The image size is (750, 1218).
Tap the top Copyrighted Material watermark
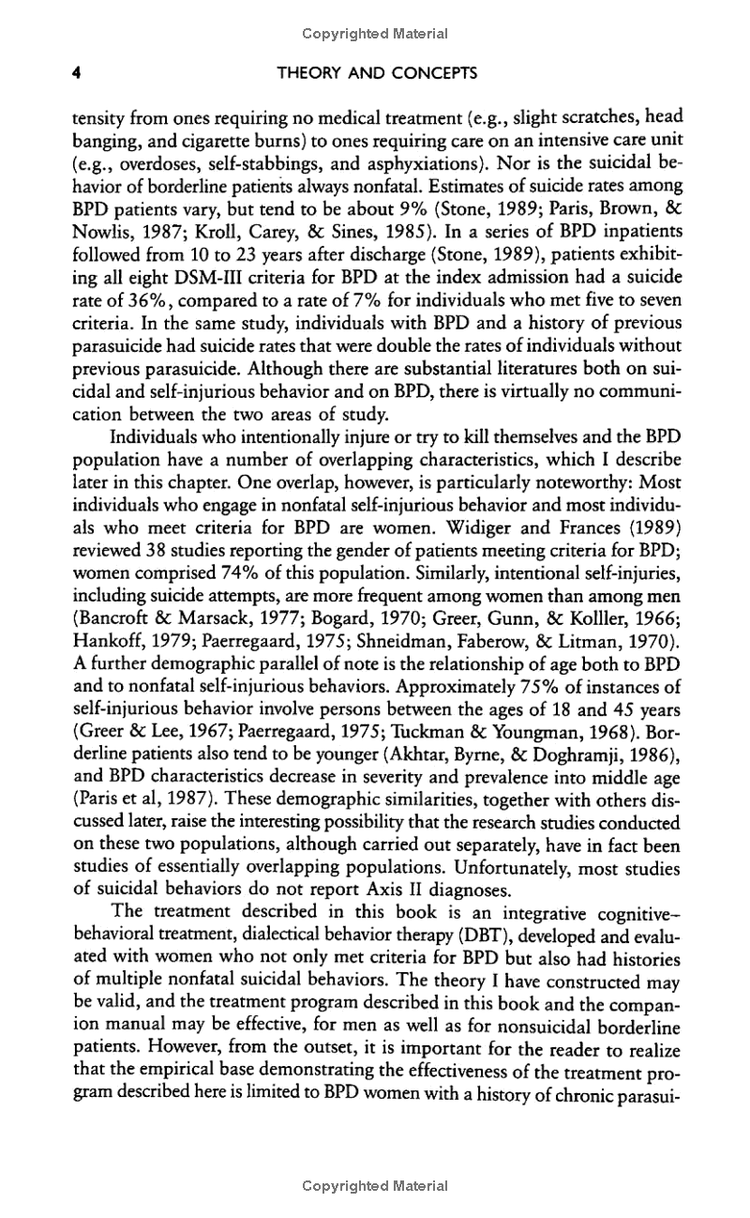pos(375,34)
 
